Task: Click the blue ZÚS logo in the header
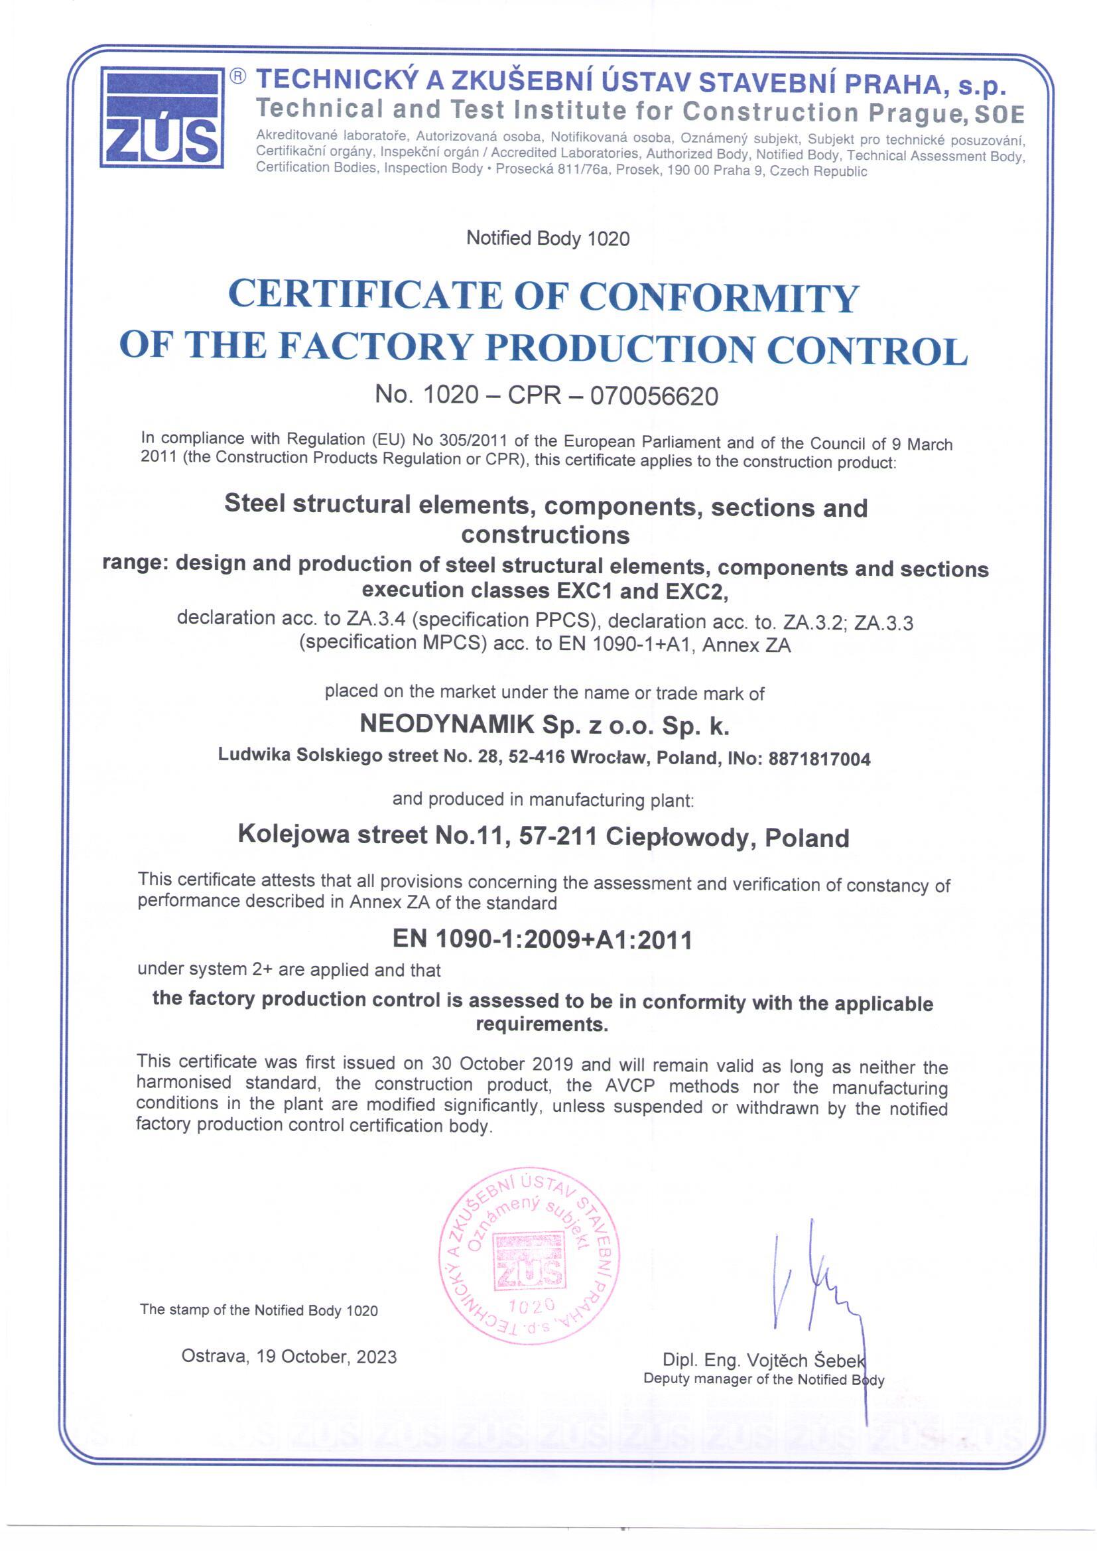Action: tap(162, 117)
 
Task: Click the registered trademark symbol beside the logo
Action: tap(239, 76)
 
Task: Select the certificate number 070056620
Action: tap(654, 396)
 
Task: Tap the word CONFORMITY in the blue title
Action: tap(719, 297)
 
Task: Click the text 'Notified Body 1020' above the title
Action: tap(548, 238)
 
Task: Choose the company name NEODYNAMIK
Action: tap(446, 724)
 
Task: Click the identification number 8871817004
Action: tap(819, 760)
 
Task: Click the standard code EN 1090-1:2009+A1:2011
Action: tap(543, 939)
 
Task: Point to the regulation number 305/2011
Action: tap(474, 440)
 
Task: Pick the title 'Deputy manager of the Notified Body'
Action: tap(763, 1379)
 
